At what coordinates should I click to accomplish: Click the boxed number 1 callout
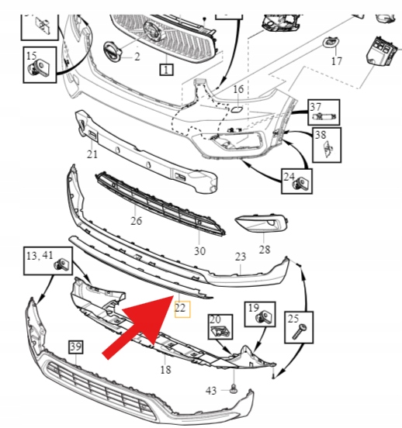166,70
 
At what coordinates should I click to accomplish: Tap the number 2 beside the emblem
137,57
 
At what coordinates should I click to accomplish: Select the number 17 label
336,60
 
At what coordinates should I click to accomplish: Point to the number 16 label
238,89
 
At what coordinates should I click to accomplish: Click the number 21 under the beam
92,154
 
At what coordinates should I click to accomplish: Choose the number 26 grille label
137,220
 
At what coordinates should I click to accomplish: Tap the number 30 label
199,251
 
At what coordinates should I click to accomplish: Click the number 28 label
265,249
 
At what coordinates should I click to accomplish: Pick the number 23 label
241,257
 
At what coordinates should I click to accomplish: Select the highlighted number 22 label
180,308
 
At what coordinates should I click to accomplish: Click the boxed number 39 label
76,347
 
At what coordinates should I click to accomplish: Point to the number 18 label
165,370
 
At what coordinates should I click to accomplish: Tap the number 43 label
211,391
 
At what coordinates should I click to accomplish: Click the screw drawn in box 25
300,331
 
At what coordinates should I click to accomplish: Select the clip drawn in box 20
221,331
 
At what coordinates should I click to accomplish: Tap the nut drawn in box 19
264,317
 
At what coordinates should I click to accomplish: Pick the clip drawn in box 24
300,183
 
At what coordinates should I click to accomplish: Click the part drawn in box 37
325,116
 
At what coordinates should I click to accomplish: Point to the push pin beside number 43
234,389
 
